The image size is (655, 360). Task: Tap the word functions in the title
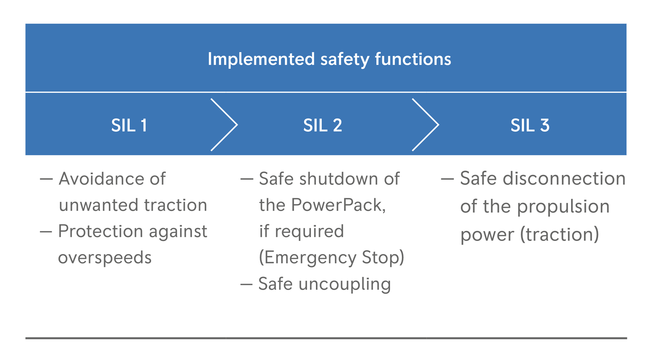click(x=413, y=59)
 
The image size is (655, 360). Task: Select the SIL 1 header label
click(x=129, y=125)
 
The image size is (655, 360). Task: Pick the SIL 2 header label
click(x=322, y=125)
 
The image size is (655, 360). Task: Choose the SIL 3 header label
click(x=530, y=125)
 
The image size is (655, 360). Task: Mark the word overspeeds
click(x=105, y=258)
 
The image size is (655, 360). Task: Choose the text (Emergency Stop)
click(x=332, y=258)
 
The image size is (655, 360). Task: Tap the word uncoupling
click(x=345, y=284)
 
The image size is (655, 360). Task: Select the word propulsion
click(x=563, y=207)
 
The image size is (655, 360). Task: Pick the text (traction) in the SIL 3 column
click(x=559, y=235)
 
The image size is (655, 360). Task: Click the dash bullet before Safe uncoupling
click(x=246, y=284)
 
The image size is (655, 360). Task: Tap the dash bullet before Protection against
click(x=46, y=231)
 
